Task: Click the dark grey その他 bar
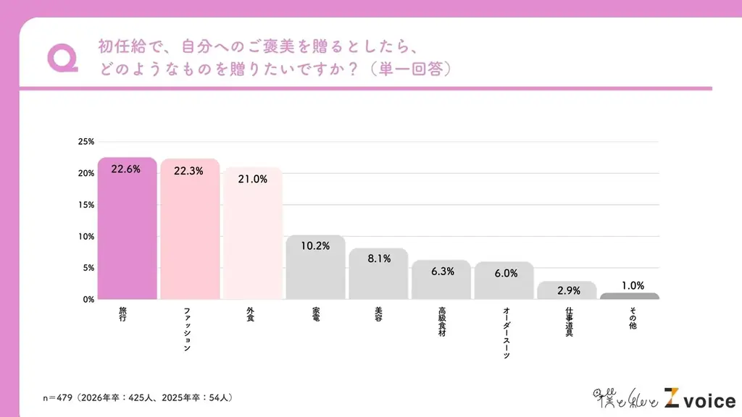(630, 296)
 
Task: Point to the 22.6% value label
(126, 169)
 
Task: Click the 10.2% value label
(315, 246)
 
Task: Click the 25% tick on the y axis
(86, 142)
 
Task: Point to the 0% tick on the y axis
(88, 299)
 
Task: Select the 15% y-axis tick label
(86, 205)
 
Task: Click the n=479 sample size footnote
(138, 398)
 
